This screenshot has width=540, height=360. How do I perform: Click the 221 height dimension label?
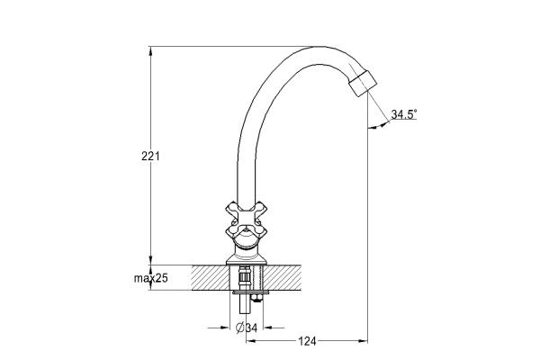pos(150,157)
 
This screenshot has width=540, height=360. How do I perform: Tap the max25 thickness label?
pos(151,278)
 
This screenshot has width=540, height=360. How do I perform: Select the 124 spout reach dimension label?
pos(307,341)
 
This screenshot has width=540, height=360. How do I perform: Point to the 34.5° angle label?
pos(403,114)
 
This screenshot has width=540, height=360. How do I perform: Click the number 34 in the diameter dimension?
pos(251,328)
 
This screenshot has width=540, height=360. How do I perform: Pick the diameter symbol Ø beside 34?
pos(240,328)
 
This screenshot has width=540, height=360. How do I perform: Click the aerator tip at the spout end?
pos(363,84)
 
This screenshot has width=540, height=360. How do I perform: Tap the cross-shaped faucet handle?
pos(247,219)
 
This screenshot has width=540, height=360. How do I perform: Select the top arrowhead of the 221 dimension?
pos(150,51)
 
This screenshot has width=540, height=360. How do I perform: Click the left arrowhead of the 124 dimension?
pos(250,341)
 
